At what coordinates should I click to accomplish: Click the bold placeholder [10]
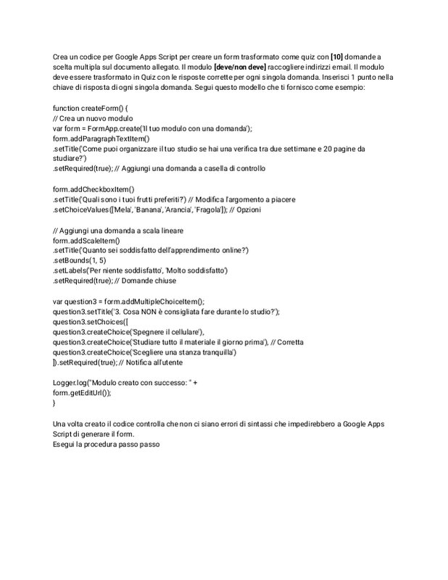pyautogui.click(x=336, y=57)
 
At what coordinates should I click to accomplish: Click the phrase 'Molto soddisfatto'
pyautogui.click(x=196, y=270)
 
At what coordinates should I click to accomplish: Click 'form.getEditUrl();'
pyautogui.click(x=83, y=392)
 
